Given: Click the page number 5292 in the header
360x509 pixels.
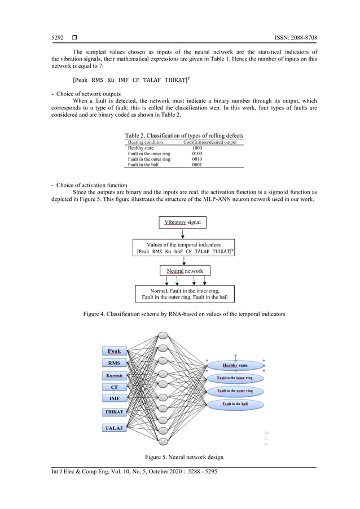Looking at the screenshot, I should [x=58, y=38].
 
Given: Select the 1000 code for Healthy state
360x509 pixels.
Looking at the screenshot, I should [x=197, y=148].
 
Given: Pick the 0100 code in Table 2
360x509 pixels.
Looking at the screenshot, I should [x=197, y=153].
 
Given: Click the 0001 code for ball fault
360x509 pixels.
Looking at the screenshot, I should [x=197, y=165].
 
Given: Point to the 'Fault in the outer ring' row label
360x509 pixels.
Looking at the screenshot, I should [x=149, y=159].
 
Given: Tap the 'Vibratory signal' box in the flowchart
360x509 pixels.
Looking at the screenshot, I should [x=182, y=223].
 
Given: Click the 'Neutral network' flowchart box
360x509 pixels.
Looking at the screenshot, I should [x=185, y=271].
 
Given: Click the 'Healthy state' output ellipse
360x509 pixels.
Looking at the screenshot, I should [x=235, y=366].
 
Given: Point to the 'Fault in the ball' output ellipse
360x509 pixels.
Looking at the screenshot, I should [x=235, y=404].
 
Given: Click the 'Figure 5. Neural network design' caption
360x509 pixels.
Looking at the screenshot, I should [x=179, y=456].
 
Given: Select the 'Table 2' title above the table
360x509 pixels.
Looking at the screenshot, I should [x=184, y=136].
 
